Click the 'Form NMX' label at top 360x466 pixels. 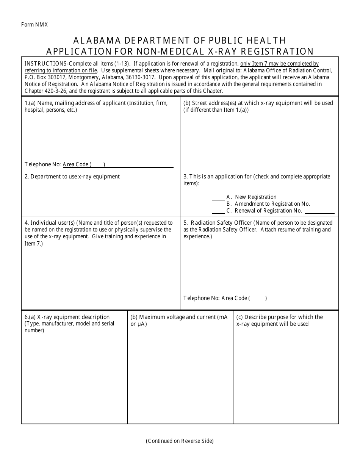[x=34, y=25]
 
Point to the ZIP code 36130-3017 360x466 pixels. [x=139, y=77]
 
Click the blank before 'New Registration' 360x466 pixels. [x=218, y=197]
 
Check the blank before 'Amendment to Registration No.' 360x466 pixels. [x=218, y=204]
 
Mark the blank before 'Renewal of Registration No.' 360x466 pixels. [x=218, y=211]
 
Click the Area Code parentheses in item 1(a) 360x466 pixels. [x=97, y=164]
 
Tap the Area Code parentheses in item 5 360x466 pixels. [x=258, y=298]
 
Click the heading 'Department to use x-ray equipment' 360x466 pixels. [x=75, y=177]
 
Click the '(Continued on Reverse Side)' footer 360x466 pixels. [x=180, y=441]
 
